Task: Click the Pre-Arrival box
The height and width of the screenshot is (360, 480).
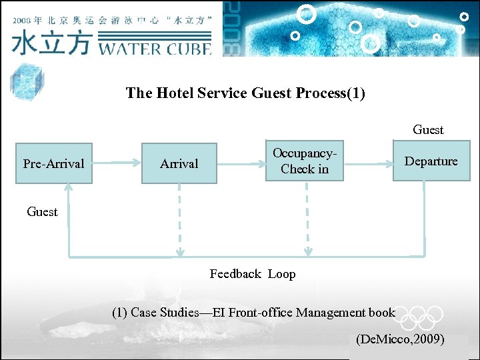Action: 53,163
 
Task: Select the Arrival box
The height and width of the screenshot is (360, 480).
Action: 179,163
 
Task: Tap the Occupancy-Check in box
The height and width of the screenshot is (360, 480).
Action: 305,161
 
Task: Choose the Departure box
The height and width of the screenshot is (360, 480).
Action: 431,161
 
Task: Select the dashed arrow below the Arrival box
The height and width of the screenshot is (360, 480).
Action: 179,220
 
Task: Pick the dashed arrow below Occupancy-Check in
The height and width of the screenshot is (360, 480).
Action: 306,220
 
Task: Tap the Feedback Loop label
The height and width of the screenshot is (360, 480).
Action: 252,274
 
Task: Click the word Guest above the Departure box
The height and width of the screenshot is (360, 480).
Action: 428,130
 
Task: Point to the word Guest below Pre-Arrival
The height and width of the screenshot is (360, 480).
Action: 42,212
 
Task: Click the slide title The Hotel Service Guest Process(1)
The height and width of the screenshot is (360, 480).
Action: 245,93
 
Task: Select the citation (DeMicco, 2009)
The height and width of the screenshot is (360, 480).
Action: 400,339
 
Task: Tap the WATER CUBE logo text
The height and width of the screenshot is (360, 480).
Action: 155,47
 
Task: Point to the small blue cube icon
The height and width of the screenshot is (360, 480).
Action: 26,82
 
